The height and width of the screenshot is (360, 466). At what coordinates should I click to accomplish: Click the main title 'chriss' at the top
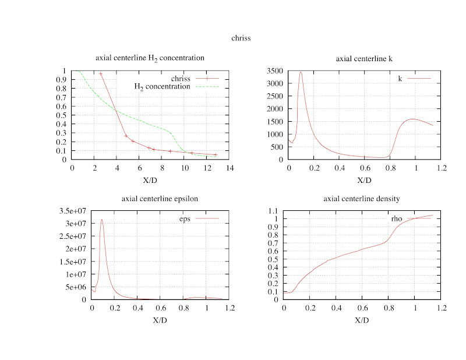[x=240, y=38]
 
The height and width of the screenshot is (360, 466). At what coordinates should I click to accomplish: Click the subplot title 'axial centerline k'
[x=365, y=59]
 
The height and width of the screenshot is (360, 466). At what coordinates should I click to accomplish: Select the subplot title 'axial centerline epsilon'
[x=160, y=199]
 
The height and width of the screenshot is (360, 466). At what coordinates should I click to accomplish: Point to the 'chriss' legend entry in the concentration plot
[x=182, y=77]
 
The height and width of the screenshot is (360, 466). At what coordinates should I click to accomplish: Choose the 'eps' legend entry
[x=186, y=218]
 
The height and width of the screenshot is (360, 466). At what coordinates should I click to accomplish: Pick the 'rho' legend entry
[x=397, y=218]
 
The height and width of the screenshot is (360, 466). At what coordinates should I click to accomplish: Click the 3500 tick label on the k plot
[x=276, y=71]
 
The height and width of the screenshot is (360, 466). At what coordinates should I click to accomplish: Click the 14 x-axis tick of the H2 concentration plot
[x=231, y=168]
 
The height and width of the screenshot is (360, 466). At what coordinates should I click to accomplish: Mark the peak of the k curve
[x=301, y=72]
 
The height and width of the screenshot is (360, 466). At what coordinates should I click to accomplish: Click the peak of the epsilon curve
[x=102, y=220]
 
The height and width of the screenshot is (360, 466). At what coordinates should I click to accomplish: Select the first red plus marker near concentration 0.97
[x=101, y=74]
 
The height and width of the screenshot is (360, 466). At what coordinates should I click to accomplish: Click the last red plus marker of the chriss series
[x=216, y=155]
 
